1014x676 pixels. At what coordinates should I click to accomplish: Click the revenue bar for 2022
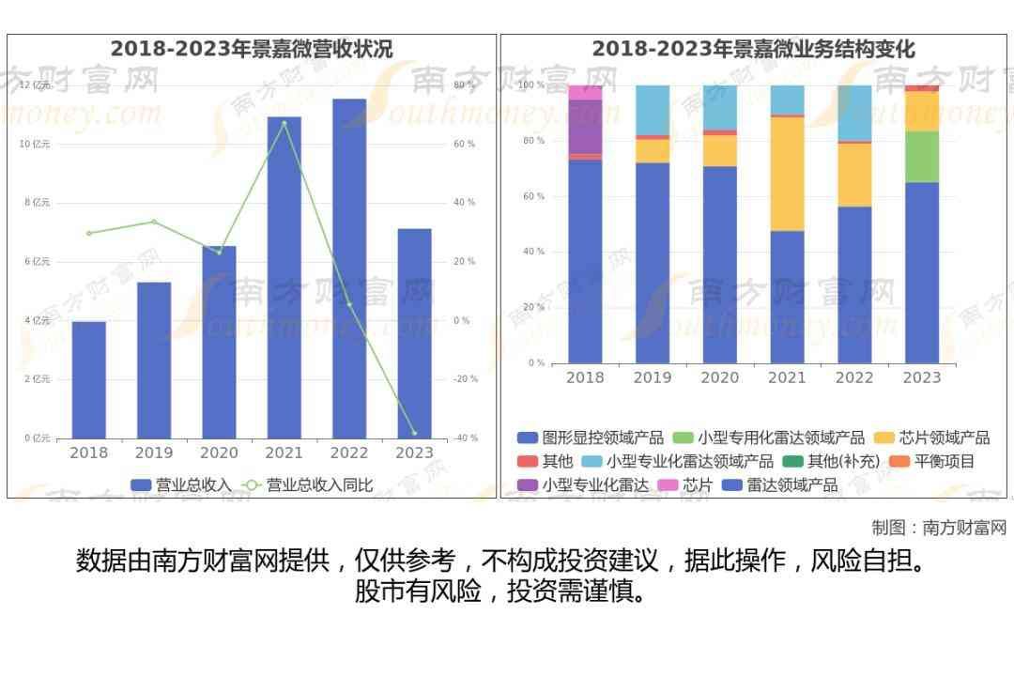click(349, 269)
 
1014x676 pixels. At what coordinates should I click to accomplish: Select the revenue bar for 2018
click(89, 379)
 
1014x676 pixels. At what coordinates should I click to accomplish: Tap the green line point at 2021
click(284, 123)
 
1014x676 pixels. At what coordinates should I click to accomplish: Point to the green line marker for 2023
click(414, 433)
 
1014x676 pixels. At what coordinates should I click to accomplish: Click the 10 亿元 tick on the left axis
click(35, 144)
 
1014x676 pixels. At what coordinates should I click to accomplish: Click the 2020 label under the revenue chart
click(219, 453)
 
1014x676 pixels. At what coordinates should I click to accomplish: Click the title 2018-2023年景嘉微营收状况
click(252, 49)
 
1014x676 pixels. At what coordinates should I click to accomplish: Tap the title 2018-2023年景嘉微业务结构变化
click(753, 49)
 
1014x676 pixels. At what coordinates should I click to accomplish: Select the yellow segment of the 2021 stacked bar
click(787, 174)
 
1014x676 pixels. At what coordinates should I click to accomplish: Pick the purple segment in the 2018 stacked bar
click(585, 126)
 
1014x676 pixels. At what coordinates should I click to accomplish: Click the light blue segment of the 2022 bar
click(854, 113)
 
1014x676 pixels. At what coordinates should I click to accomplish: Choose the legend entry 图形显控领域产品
click(591, 438)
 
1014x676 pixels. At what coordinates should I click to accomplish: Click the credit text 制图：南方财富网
click(939, 528)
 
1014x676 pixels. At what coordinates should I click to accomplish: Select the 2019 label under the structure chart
click(653, 377)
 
